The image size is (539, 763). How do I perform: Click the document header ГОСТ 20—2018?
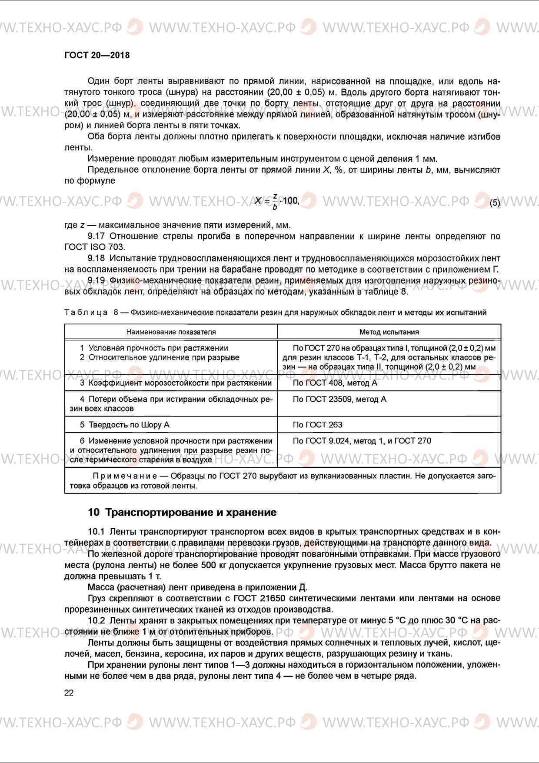[96, 55]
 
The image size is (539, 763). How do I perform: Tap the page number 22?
[69, 693]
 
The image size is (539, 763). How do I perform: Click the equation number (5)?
[495, 203]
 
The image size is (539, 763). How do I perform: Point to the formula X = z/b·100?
[277, 201]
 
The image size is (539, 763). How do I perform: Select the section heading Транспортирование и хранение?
[190, 512]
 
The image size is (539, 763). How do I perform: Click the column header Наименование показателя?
[171, 332]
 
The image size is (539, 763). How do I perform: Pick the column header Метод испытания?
[389, 332]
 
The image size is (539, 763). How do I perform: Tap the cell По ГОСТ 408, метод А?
[335, 383]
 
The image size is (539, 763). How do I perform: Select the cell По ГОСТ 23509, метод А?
[339, 399]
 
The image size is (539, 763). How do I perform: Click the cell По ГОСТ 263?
[317, 425]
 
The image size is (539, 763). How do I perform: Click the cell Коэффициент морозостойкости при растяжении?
[180, 383]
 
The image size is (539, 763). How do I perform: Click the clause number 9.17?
[96, 236]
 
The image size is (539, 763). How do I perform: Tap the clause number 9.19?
[96, 280]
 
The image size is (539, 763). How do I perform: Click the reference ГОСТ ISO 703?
[94, 247]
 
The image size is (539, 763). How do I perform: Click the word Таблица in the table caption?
[86, 312]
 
